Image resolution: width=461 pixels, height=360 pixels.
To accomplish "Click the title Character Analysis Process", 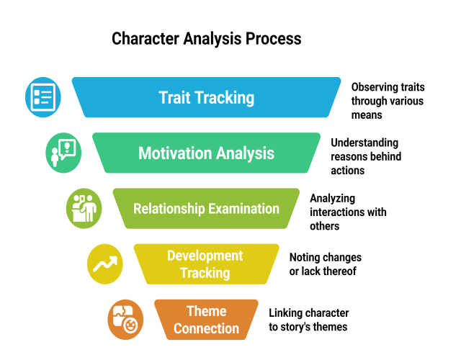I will point(206,38).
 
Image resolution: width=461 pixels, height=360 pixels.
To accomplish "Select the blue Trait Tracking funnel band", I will point(206,97).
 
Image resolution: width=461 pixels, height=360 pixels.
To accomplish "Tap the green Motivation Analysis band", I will point(206,153).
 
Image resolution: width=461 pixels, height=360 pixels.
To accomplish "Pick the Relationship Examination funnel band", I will point(206,209).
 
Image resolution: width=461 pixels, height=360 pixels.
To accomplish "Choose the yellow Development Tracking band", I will point(206,264).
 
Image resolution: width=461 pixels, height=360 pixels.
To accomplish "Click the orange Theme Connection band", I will point(206,320).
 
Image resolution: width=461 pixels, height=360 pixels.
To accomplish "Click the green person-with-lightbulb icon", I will point(63,152).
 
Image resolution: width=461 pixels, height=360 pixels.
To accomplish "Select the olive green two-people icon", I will point(84,207).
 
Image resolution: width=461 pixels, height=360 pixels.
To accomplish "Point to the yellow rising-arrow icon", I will point(104,264).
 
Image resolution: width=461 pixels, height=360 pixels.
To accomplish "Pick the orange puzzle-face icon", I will point(125,319).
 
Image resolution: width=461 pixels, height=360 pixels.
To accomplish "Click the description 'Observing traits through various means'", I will point(387,100).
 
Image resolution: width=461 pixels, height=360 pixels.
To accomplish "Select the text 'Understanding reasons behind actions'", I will point(366,156).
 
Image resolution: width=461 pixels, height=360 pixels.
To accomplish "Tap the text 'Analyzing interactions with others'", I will point(347,212).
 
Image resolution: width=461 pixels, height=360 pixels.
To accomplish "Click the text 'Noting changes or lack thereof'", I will point(325,264).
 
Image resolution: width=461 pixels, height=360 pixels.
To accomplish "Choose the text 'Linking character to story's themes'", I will point(308,320).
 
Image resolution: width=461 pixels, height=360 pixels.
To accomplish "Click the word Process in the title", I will point(272,38).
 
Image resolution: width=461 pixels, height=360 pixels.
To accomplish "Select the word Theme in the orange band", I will point(207,311).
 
